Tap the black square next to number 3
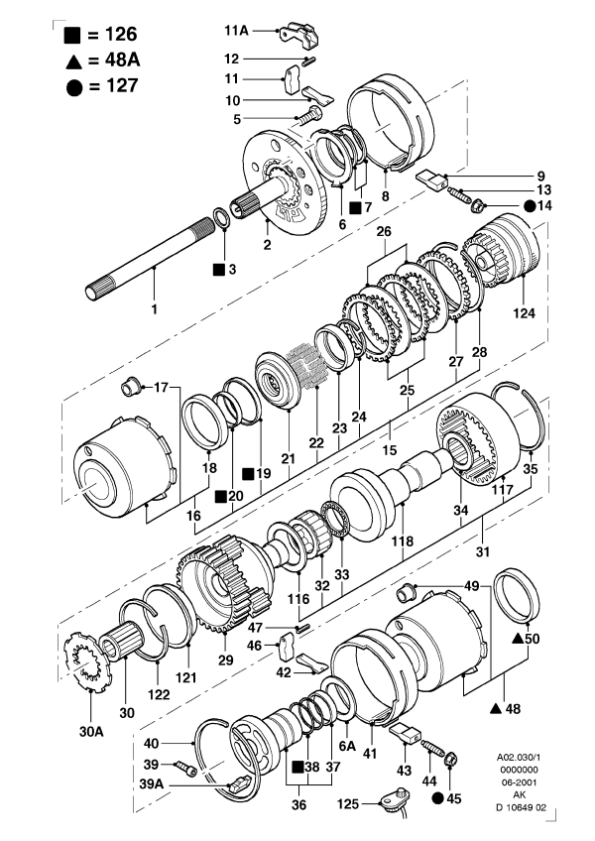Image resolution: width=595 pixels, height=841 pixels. coord(218,269)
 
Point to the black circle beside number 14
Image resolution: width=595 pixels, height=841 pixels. coord(531,206)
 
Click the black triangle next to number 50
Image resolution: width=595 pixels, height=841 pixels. coord(518,639)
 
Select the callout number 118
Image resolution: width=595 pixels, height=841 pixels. coord(403,542)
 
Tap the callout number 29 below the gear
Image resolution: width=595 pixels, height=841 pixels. coord(224,659)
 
